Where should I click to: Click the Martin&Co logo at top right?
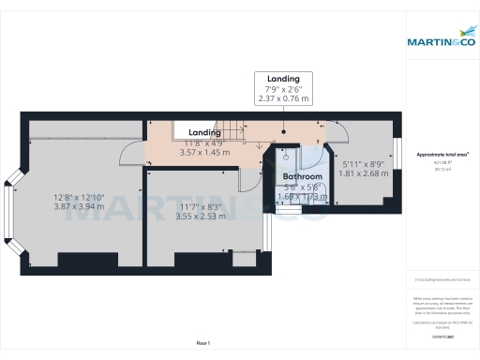(442, 41)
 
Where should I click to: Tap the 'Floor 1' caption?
(202, 344)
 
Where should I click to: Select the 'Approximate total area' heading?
(442, 154)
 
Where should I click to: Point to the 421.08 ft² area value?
(442, 162)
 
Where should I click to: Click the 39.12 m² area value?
(442, 170)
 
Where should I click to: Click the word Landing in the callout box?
(283, 79)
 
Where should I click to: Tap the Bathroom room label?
(303, 176)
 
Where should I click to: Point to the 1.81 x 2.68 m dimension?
(363, 173)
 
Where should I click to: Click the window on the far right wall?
(399, 153)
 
